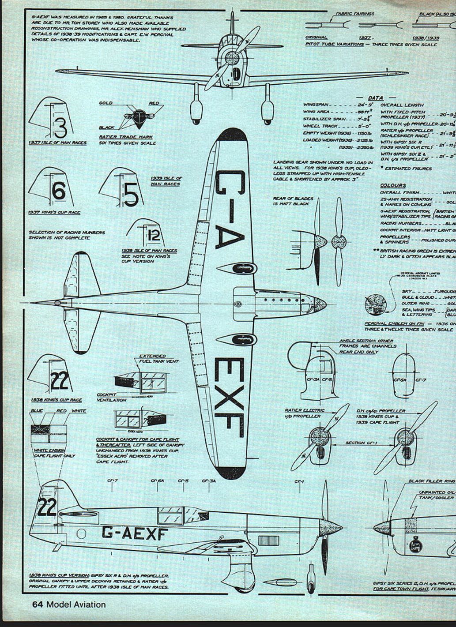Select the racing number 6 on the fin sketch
(59, 191)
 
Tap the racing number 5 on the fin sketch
(131, 194)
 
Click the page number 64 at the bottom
(38, 604)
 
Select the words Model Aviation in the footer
(76, 604)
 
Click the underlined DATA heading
(376, 98)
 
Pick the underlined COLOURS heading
(393, 186)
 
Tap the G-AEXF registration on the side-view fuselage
(134, 533)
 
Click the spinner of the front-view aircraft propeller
(232, 58)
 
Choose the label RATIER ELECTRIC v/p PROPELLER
(305, 413)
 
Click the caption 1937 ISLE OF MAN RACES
(57, 143)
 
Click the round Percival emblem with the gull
(375, 304)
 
